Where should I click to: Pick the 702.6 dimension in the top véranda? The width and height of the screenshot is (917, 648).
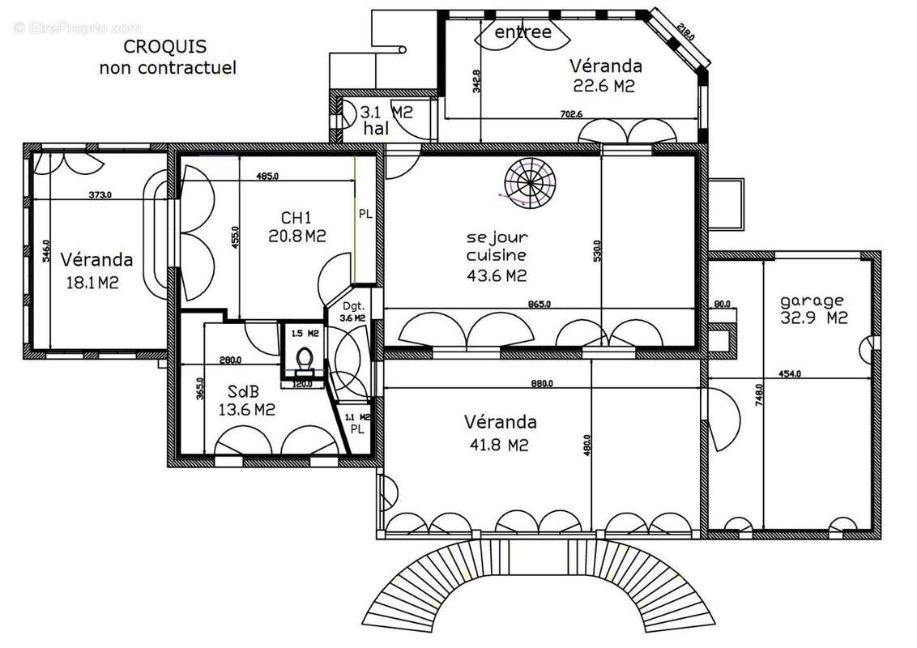[x=570, y=114]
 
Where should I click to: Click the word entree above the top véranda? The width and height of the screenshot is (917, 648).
[x=522, y=32]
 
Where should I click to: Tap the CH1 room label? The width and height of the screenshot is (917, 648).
[x=296, y=218]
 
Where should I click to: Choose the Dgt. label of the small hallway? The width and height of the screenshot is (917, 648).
[x=352, y=306]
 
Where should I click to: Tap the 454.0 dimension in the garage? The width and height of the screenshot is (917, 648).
[x=790, y=373]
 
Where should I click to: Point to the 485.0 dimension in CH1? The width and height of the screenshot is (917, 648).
[x=267, y=176]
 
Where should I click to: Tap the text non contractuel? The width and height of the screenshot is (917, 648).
[x=168, y=68]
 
